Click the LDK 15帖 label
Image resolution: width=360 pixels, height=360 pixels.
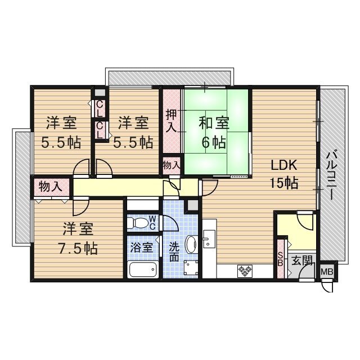pos(284,174)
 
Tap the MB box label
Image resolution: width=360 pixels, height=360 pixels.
pos(326,272)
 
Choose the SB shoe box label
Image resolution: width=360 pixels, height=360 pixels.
pos(281,260)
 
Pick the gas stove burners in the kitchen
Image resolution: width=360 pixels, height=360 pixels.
pos(245,271)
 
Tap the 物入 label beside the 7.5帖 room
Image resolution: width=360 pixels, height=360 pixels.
pos(51,186)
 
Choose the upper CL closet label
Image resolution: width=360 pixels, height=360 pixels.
pos(99,107)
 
